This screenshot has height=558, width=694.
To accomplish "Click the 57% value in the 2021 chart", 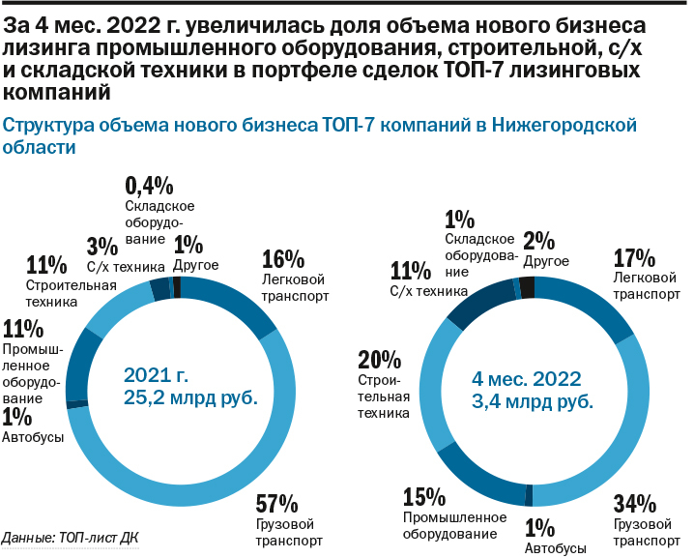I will click(276, 504).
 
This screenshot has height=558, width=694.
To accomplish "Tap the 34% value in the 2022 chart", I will click(635, 504).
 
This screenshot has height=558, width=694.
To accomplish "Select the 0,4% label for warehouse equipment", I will click(149, 186).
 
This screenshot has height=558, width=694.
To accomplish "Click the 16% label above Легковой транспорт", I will click(283, 259).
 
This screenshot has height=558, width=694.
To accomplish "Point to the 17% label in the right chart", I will click(635, 258).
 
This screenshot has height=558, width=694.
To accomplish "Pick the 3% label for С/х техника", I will click(99, 246).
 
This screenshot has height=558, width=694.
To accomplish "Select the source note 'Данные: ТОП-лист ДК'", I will click(77, 538).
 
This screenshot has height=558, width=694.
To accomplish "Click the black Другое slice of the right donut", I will click(527, 285).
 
